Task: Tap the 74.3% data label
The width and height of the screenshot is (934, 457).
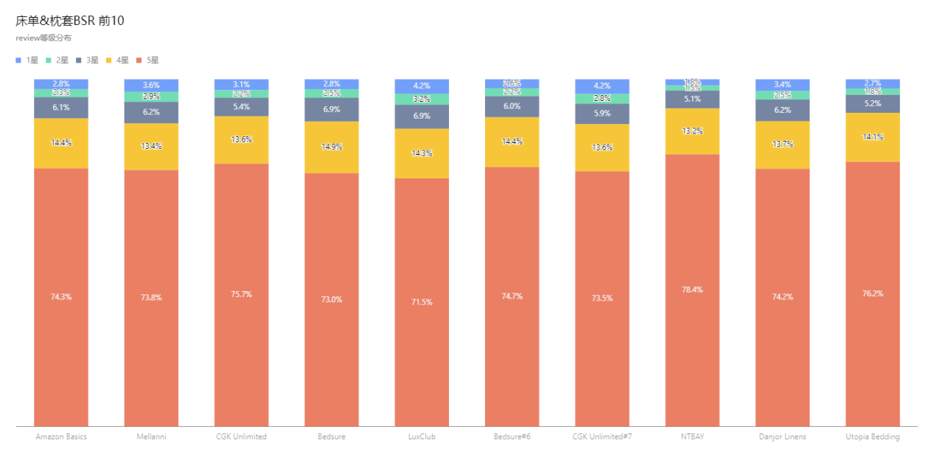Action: point(61,297)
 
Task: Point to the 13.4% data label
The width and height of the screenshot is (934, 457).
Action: point(151,146)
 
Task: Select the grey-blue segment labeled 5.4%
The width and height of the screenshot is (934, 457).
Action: point(241,107)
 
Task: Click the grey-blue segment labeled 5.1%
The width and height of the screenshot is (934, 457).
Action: point(692,100)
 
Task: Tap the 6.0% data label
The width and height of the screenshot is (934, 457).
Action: point(512,107)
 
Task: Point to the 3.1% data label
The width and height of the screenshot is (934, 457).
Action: point(241,85)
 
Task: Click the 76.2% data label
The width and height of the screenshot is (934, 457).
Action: point(872,294)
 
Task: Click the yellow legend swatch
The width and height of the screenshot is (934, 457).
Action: point(109,60)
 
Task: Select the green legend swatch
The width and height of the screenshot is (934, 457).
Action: point(49,60)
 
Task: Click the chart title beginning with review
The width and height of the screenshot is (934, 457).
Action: point(43,38)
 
